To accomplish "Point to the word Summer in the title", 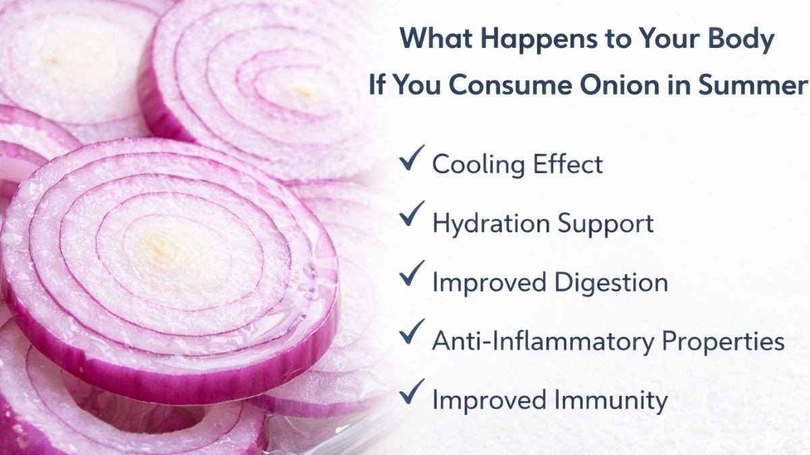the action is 753,86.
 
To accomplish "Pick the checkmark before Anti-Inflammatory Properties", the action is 412,332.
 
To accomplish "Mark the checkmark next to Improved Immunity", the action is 412,391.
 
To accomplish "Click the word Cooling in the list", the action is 479,165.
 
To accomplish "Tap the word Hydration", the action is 491,224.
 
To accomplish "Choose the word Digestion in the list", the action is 611,282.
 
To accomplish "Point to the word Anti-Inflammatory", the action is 543,340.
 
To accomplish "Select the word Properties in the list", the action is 723,342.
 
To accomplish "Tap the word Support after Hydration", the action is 605,224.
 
